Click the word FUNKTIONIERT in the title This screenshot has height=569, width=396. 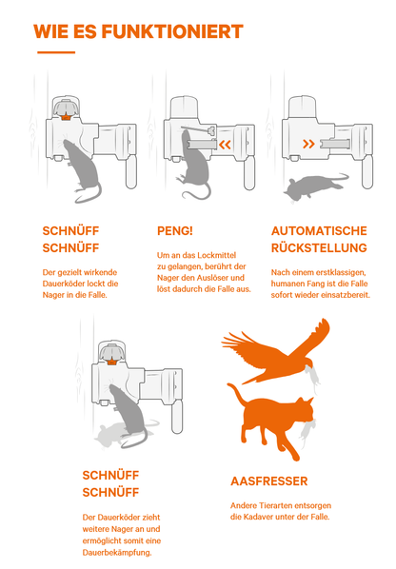172,31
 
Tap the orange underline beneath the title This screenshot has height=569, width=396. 56,52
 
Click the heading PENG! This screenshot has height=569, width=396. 175,231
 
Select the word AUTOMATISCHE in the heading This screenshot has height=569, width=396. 319,231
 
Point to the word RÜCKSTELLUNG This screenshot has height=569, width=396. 319,247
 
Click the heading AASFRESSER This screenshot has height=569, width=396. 269,481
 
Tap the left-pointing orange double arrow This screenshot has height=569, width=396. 225,145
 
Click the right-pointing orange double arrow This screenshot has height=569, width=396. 308,144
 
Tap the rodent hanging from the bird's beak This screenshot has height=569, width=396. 312,378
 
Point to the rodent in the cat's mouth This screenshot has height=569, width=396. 307,431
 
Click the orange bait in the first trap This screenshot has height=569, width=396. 66,117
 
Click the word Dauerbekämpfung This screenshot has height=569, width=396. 117,553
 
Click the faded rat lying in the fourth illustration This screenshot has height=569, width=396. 120,434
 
